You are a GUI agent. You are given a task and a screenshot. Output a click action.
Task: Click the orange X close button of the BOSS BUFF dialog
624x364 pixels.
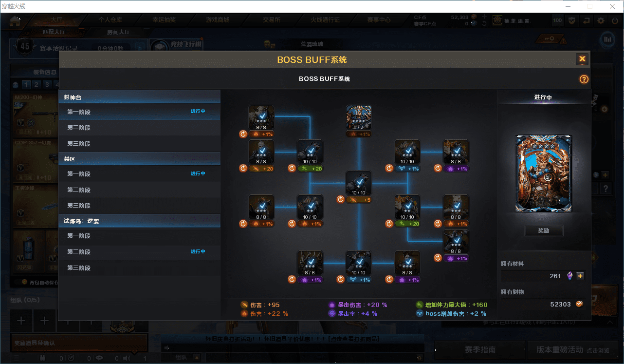582,59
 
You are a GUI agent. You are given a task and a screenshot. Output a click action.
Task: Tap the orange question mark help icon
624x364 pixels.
584,79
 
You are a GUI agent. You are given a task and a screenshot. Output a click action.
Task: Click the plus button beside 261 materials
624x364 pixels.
580,276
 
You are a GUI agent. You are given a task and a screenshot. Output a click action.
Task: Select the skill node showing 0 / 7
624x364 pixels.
359,117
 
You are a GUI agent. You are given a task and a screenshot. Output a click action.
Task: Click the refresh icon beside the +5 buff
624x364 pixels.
341,199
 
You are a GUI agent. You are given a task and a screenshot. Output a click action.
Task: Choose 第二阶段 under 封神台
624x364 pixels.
79,128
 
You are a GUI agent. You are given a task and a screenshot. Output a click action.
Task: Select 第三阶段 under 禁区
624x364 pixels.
79,206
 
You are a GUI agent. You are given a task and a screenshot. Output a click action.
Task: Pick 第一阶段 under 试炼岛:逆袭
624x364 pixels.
79,236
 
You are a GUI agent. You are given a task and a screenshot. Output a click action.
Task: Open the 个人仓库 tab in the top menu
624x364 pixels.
110,20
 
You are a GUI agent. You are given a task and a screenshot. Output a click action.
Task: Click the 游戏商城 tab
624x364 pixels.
218,20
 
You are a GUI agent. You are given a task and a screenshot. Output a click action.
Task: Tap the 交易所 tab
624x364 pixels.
272,20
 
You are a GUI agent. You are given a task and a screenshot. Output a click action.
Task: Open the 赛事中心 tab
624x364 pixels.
379,20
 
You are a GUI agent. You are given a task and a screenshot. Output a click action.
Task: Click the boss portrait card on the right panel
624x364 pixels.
544,173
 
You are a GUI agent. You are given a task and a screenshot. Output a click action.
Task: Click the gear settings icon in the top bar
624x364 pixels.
601,20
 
